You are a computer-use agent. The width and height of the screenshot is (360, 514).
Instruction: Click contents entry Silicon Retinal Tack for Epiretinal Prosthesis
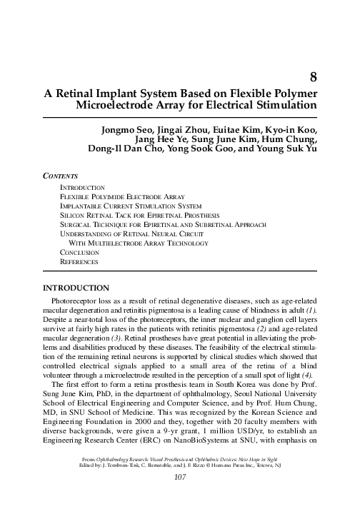[129, 214]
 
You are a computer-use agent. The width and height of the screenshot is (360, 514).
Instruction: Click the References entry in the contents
[77, 262]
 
